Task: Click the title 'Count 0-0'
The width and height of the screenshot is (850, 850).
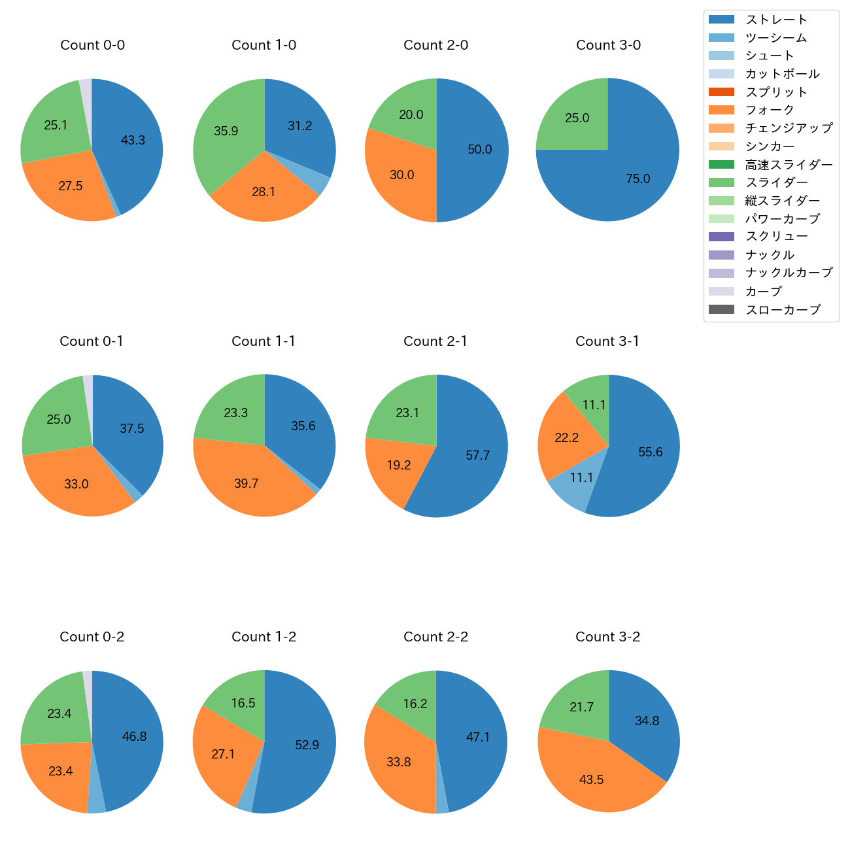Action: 92,45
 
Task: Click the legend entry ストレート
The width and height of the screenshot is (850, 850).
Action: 776,20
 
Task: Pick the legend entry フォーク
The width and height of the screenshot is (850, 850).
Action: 770,110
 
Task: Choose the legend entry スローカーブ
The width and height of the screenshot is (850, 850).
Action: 783,310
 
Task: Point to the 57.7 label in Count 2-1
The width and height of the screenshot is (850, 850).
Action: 477,455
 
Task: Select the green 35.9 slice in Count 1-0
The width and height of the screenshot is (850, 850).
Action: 226,131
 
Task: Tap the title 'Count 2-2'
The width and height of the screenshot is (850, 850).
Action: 435,637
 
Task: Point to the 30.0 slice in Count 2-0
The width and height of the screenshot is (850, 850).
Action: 401,175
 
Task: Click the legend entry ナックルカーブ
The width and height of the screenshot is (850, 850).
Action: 789,273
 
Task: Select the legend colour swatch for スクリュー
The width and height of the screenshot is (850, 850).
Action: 721,237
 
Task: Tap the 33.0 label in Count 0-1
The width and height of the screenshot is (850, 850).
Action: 76,484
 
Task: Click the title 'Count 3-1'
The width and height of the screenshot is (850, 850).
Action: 607,341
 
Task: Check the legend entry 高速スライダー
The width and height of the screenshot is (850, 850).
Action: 789,165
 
